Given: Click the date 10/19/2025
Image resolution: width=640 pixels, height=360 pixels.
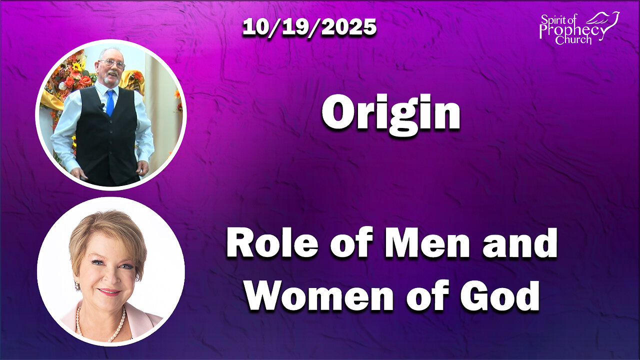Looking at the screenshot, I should point(309,27).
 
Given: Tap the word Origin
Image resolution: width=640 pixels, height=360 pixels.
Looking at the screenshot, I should point(390,112).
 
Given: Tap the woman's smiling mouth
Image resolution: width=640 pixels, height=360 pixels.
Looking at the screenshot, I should point(109,291).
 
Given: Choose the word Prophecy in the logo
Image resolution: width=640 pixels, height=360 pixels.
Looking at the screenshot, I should point(572,31).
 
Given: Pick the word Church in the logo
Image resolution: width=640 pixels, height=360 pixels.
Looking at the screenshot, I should point(573,40).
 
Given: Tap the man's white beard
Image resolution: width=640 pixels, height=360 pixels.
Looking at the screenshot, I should point(112,78).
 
